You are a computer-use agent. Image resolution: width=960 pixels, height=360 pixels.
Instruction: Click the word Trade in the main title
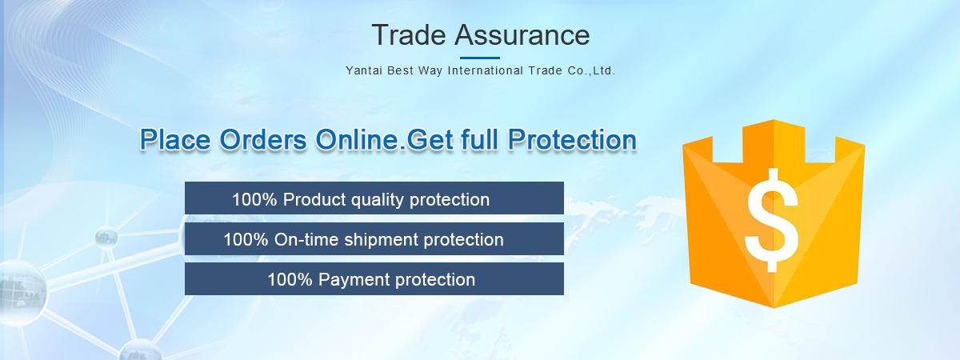tap(409, 34)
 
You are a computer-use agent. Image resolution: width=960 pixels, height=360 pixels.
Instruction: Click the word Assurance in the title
tap(522, 34)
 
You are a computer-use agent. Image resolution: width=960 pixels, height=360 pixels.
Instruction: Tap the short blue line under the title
tap(480, 58)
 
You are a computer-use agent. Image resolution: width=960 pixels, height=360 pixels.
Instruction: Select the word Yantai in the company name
tap(364, 70)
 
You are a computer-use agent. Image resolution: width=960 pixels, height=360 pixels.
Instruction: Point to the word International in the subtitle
tap(486, 70)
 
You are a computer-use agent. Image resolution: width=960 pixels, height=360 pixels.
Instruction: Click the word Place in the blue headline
tap(175, 140)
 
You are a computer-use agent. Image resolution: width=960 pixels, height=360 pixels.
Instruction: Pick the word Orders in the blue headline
tap(263, 140)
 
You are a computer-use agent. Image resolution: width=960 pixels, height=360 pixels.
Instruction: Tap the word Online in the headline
tap(357, 140)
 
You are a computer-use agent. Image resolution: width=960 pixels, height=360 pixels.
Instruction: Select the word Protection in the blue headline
tap(572, 140)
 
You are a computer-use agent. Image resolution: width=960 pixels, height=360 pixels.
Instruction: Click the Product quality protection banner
tap(374, 198)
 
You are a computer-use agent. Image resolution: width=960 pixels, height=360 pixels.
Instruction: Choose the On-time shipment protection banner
tap(374, 238)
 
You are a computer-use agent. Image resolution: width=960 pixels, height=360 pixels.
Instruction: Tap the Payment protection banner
tap(374, 279)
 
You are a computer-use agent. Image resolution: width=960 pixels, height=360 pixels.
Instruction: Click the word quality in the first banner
tap(377, 200)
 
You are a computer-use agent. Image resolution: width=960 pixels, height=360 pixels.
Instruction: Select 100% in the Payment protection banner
tap(290, 280)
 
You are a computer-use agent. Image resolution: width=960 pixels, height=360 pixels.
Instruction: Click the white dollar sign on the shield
tap(772, 220)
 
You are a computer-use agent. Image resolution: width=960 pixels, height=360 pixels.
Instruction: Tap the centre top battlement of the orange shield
tap(774, 142)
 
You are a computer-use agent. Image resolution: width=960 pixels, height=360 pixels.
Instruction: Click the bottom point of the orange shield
tap(774, 307)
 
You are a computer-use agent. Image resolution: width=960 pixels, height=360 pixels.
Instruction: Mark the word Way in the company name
tap(430, 70)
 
